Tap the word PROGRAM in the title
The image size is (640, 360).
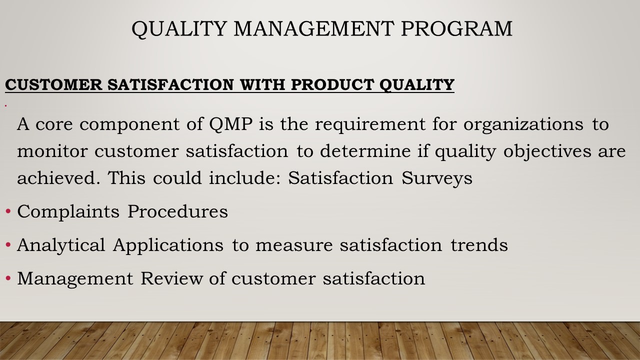[456, 28]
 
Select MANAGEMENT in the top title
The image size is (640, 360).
[314, 28]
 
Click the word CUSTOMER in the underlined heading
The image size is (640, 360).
[53, 84]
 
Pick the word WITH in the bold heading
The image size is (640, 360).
[262, 84]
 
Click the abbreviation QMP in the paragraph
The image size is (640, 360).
[231, 124]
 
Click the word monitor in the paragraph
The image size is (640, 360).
[52, 151]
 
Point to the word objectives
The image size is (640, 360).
[547, 151]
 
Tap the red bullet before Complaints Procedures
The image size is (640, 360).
[8, 211]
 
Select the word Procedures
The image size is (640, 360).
[177, 211]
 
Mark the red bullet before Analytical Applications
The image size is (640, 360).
[8, 245]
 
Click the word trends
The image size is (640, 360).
[479, 245]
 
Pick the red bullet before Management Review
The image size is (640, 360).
[8, 278]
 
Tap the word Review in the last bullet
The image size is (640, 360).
[171, 278]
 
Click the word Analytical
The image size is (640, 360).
[61, 245]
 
